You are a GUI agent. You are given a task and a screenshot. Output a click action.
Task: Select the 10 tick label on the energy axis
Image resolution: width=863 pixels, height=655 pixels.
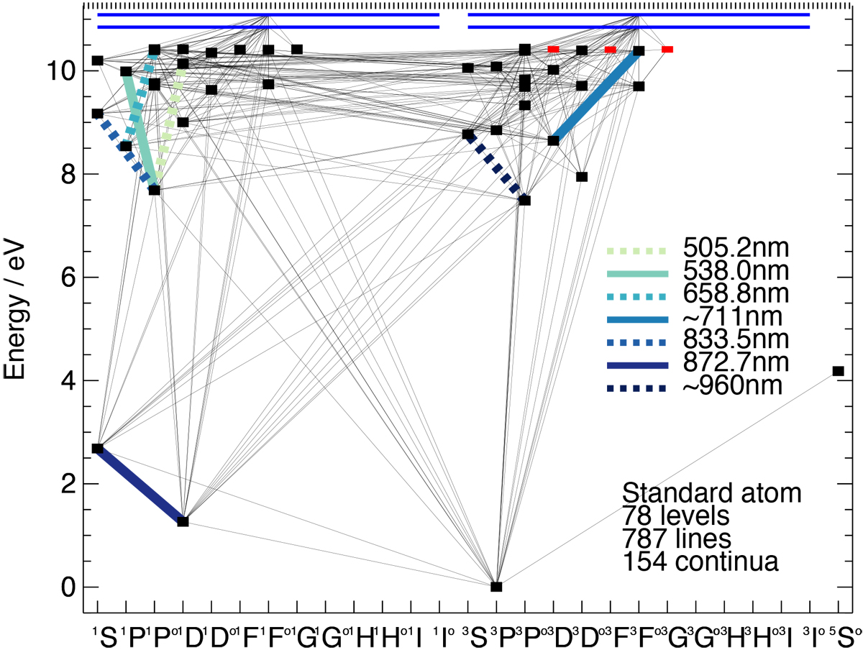(x=60, y=71)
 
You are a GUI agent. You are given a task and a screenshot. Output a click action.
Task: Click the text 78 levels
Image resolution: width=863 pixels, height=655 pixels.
(x=676, y=516)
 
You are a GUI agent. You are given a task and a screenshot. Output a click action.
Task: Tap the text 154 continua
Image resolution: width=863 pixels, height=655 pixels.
(x=700, y=562)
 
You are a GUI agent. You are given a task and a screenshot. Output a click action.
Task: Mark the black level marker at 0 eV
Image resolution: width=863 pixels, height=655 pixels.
(x=496, y=587)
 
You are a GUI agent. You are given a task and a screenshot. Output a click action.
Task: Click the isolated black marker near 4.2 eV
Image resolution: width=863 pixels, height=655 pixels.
(x=838, y=371)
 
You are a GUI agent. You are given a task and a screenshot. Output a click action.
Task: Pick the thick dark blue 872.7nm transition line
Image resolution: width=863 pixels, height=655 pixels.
(x=140, y=485)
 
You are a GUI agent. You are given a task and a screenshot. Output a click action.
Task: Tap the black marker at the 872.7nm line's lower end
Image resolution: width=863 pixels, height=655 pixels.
(x=183, y=521)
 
